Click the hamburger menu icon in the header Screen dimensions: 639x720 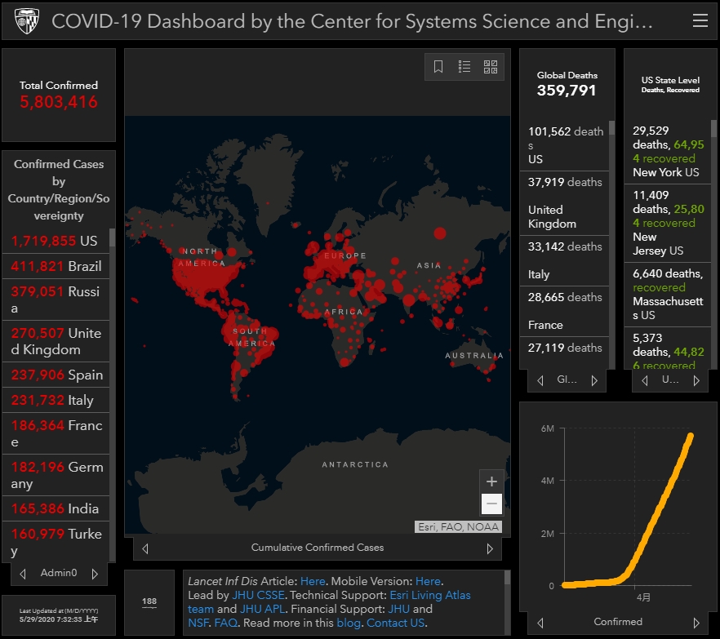click(x=700, y=21)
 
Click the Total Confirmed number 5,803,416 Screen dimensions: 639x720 click(x=59, y=102)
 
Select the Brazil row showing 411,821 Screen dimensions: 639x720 click(x=56, y=266)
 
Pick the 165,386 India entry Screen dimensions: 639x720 click(x=55, y=508)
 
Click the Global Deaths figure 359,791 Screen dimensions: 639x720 click(x=567, y=91)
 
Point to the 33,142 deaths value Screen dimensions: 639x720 click(x=565, y=246)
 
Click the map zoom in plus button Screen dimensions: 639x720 click(x=491, y=481)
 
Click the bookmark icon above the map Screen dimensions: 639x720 click(x=438, y=67)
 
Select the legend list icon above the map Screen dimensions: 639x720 click(x=464, y=67)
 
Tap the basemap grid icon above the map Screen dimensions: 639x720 click(x=491, y=67)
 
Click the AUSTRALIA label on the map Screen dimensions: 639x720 click(x=474, y=356)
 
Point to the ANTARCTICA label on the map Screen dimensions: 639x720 click(x=355, y=464)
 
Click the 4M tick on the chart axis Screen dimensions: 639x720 click(x=547, y=481)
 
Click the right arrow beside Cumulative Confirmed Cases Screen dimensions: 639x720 click(x=490, y=548)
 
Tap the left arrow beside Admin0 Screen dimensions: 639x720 click(x=23, y=573)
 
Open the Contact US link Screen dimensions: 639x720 click(x=396, y=623)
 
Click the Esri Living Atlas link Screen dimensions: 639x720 click(x=430, y=595)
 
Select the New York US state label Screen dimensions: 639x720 click(x=665, y=172)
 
